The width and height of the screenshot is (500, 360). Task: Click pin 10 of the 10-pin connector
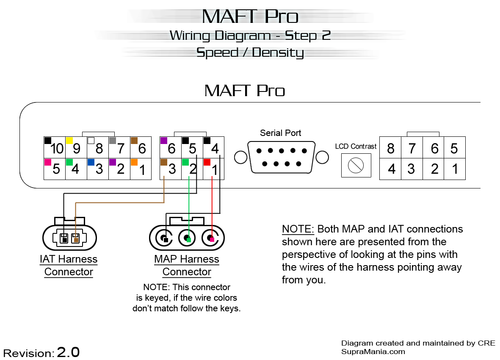point(55,147)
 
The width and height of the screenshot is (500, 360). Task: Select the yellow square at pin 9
point(69,140)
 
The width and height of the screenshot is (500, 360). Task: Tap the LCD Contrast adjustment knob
point(356,166)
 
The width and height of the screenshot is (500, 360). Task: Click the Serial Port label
point(281,133)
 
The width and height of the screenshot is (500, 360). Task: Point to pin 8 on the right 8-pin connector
point(390,148)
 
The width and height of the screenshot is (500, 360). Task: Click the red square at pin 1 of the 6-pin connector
point(207,162)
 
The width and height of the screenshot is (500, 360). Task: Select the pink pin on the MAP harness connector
point(212,240)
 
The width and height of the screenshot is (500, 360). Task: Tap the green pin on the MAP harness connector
point(189,240)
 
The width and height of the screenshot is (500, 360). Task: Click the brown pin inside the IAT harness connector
point(76,240)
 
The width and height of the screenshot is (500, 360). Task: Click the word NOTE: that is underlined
point(298,229)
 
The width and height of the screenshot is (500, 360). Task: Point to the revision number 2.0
point(68,352)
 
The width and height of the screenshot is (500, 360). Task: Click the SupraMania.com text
point(373,352)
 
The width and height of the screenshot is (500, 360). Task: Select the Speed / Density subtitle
point(250,53)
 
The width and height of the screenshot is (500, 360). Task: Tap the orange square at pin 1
point(134,162)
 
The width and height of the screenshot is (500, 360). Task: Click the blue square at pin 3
point(91,162)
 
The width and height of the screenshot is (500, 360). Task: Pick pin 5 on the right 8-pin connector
point(454,148)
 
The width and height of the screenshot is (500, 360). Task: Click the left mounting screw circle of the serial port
point(240,158)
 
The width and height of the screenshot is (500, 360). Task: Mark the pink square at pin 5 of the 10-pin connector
point(47,162)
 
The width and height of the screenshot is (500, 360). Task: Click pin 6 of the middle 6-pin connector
point(171,147)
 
